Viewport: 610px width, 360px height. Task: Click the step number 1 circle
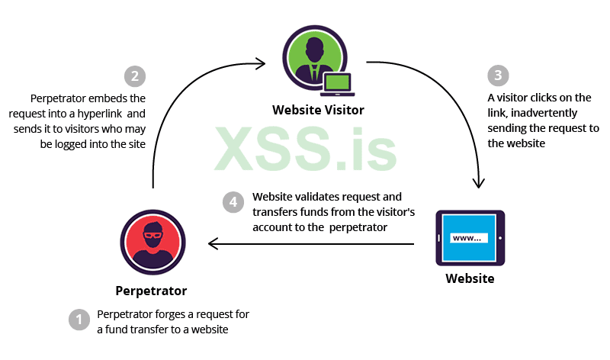coord(79,320)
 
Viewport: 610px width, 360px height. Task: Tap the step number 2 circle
coord(134,76)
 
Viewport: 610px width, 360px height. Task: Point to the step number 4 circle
coord(233,202)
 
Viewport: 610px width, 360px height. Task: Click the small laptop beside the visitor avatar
coord(336,83)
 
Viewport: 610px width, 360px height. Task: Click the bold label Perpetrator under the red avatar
coord(151,291)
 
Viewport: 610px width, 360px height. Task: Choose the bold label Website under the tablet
coord(470,278)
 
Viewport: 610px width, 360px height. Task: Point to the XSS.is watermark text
coord(305,149)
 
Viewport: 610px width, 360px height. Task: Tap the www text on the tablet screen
coord(465,238)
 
